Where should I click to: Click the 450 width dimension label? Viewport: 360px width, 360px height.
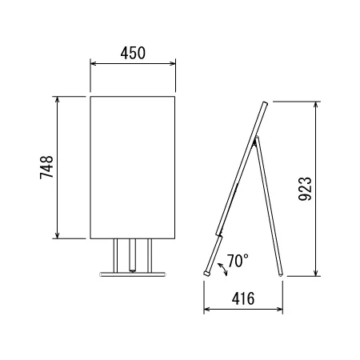click(133, 53)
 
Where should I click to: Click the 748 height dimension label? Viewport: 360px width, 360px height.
click(46, 167)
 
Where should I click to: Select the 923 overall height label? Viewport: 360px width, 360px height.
click(305, 189)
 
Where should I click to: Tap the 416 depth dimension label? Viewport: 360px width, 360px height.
click(243, 298)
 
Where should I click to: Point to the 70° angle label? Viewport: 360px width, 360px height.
click(238, 261)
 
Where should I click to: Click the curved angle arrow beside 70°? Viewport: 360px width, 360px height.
click(222, 270)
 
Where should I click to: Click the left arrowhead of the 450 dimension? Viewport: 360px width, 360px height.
click(93, 63)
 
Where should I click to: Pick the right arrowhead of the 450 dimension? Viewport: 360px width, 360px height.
click(173, 63)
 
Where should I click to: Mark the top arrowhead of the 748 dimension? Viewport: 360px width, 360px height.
click(57, 99)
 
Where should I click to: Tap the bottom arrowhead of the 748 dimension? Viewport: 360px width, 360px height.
click(57, 235)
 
